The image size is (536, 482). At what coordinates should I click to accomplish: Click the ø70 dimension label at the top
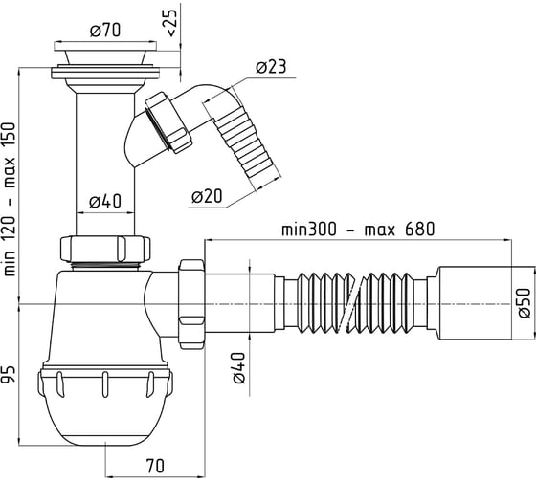(105, 30)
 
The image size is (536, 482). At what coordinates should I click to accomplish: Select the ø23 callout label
(271, 67)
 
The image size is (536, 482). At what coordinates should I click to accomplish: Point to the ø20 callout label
(207, 196)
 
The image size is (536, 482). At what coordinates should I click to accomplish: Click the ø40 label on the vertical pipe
(105, 201)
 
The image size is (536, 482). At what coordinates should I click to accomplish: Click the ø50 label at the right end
(524, 302)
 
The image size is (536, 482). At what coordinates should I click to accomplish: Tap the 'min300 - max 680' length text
(358, 230)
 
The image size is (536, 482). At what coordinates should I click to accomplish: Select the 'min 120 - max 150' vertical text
(10, 199)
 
